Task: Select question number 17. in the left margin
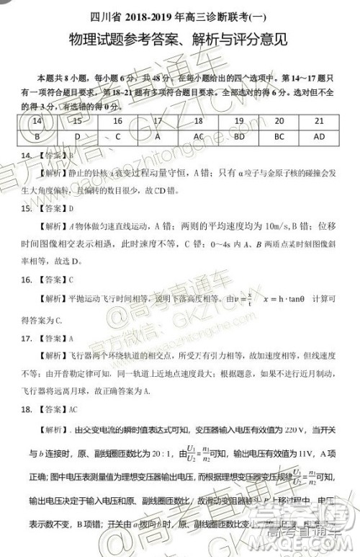(x=26, y=338)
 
